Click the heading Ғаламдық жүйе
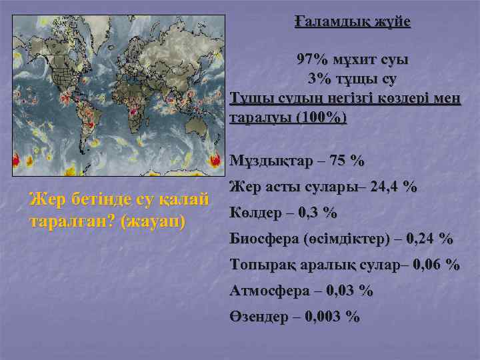(353, 21)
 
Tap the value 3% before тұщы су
(319, 79)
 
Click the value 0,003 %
(331, 317)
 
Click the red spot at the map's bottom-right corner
(215, 160)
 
